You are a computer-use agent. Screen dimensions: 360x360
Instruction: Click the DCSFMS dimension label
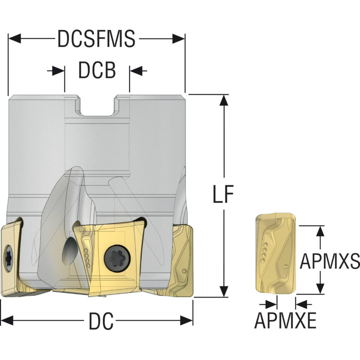coord(96,38)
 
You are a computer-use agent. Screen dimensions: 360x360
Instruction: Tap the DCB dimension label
coord(97,70)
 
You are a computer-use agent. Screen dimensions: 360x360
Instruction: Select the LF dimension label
coord(223,194)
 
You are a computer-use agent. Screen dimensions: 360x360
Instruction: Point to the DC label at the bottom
coord(101,321)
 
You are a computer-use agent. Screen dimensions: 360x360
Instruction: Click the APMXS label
coord(329,261)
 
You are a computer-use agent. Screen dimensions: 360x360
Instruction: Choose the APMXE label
coord(285,321)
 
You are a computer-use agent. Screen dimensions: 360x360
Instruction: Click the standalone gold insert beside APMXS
coord(276,253)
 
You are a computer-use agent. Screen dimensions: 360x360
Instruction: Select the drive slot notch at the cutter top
coord(97,106)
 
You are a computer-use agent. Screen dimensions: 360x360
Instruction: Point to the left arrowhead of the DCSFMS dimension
coord(14,38)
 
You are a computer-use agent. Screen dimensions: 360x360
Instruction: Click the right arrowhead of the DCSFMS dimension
coord(179,38)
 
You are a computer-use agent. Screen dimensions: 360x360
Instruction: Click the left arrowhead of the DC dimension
coord(7,321)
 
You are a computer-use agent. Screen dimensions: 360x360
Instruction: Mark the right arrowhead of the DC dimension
coord(186,321)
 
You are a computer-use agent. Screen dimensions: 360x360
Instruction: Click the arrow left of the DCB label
coord(56,71)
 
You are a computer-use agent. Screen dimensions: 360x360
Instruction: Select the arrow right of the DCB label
coord(138,71)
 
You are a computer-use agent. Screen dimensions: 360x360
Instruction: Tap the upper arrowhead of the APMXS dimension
coord(320,231)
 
